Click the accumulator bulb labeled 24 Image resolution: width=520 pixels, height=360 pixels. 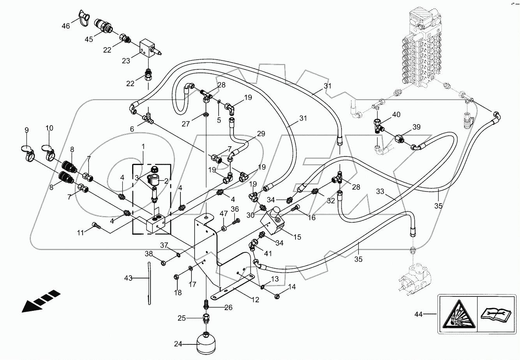pos(205,343)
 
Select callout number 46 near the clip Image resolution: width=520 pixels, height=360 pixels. pos(65,26)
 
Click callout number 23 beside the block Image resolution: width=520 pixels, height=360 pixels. pos(126,61)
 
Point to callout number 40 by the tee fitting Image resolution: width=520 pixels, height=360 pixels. pos(396,115)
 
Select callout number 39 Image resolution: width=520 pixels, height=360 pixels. pos(416,127)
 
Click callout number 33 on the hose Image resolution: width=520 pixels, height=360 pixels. pos(380,192)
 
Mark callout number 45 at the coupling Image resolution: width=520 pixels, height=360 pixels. pos(89,39)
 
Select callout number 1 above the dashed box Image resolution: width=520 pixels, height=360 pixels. pos(143,146)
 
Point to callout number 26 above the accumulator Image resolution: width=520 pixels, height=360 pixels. pos(228,307)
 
